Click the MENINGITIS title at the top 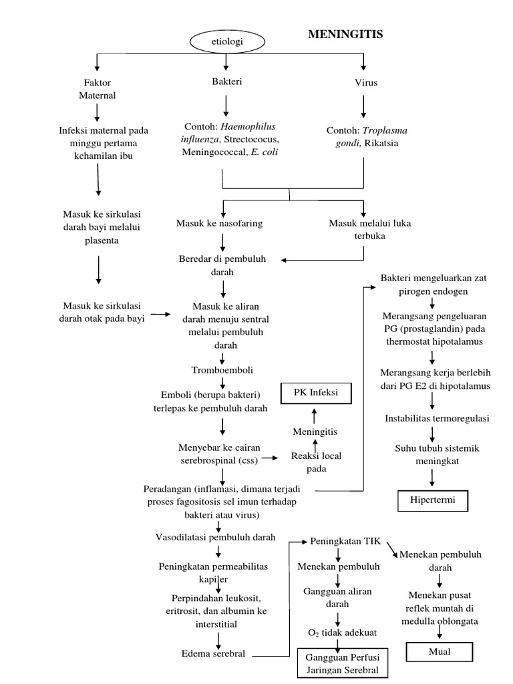pos(345,35)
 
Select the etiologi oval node pos(227,42)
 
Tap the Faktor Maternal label pos(98,89)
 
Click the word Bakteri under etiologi pos(226,82)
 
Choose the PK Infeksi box pos(316,393)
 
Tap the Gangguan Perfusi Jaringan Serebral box pos(341,663)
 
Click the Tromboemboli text pos(222,369)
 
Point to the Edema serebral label pos(213,653)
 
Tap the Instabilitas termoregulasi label pos(438,419)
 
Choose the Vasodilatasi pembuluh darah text pos(215,536)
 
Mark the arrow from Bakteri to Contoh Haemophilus pos(226,106)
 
